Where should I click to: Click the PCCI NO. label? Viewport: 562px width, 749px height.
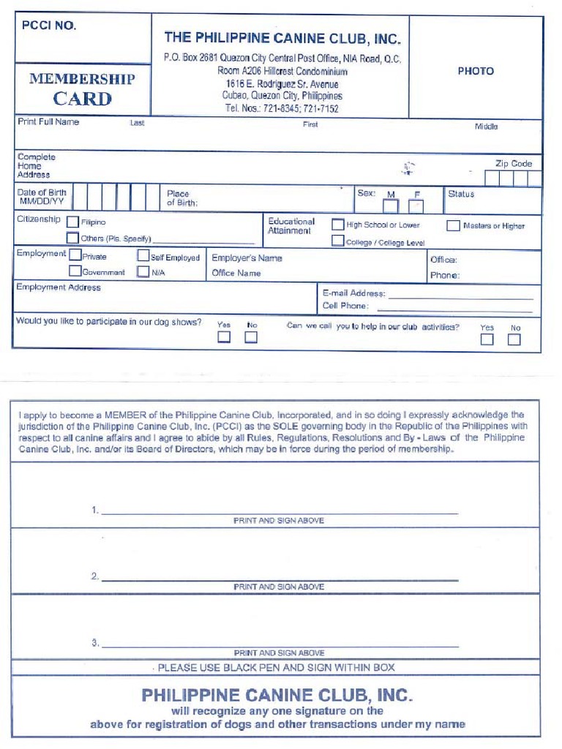pyautogui.click(x=49, y=26)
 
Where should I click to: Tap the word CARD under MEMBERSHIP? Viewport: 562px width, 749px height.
pyautogui.click(x=82, y=99)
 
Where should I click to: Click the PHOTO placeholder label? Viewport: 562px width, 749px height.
pyautogui.click(x=476, y=71)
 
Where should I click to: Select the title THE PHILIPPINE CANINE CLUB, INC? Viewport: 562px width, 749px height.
pyautogui.click(x=282, y=38)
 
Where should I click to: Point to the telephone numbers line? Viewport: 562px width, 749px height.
pyautogui.click(x=282, y=108)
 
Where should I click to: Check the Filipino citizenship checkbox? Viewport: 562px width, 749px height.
pyautogui.click(x=72, y=222)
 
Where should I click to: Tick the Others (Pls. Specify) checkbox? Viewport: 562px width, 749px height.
pyautogui.click(x=72, y=238)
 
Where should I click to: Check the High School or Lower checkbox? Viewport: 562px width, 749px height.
pyautogui.click(x=338, y=225)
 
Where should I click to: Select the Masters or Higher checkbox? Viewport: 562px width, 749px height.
pyautogui.click(x=453, y=226)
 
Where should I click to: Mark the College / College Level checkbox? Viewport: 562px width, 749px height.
pyautogui.click(x=338, y=241)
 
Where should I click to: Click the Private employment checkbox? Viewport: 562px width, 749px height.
pyautogui.click(x=75, y=256)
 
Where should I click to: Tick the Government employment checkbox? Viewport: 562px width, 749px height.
pyautogui.click(x=75, y=271)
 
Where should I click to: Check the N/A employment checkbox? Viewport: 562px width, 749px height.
pyautogui.click(x=143, y=271)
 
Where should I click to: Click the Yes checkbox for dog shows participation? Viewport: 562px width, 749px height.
pyautogui.click(x=224, y=337)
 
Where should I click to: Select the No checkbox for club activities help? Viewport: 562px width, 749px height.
pyautogui.click(x=514, y=339)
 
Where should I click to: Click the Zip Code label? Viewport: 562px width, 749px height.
pyautogui.click(x=514, y=164)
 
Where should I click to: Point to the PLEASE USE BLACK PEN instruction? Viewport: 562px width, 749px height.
pyautogui.click(x=276, y=667)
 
